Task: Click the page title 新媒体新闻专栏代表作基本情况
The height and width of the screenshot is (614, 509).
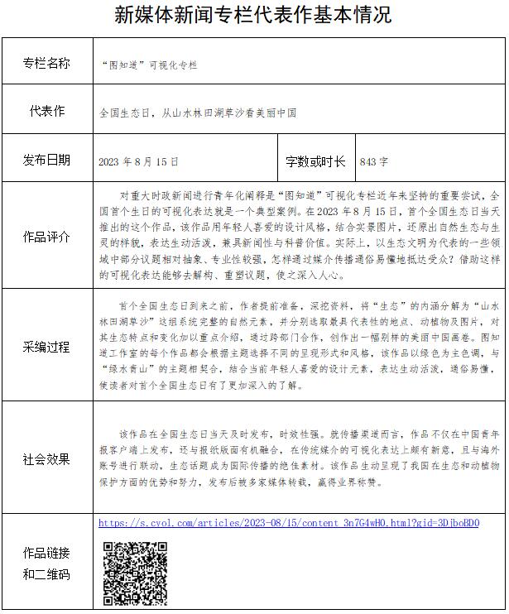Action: tap(254, 15)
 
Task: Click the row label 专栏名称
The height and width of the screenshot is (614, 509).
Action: tap(46, 64)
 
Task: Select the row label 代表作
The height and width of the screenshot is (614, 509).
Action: tap(46, 111)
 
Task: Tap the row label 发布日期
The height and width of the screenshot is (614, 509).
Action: tap(46, 160)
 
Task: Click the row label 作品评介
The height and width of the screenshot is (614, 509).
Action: tap(46, 237)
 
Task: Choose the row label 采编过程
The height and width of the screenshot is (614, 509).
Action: tap(46, 346)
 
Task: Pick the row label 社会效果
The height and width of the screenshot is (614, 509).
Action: tap(46, 458)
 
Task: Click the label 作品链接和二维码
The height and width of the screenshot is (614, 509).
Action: tap(46, 564)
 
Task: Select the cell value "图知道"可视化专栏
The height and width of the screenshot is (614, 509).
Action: tap(148, 65)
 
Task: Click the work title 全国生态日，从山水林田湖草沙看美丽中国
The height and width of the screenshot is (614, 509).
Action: tap(197, 112)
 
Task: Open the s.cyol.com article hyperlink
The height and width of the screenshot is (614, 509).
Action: tap(289, 523)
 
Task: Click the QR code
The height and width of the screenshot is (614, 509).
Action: tap(136, 573)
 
